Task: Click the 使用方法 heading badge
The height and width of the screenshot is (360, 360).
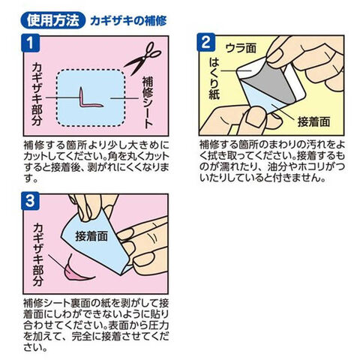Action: [x=53, y=20]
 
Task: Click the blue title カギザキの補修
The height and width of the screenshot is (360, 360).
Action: [x=128, y=21]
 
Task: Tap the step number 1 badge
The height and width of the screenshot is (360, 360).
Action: [x=31, y=43]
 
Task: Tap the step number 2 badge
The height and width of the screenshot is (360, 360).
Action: [x=206, y=43]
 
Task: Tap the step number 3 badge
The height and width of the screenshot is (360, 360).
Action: [x=30, y=201]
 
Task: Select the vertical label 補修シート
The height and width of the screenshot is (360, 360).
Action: [x=148, y=103]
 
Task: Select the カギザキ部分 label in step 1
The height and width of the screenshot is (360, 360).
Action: [x=37, y=94]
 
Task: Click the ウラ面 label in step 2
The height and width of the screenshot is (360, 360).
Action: [x=241, y=48]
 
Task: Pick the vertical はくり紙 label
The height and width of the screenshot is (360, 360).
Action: [x=214, y=79]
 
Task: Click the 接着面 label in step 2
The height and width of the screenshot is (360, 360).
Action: [x=313, y=121]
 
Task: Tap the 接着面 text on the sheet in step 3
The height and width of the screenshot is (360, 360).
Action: [x=91, y=235]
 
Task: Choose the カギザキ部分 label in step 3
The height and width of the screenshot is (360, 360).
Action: [x=38, y=255]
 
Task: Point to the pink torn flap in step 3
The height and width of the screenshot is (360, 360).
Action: [x=76, y=271]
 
